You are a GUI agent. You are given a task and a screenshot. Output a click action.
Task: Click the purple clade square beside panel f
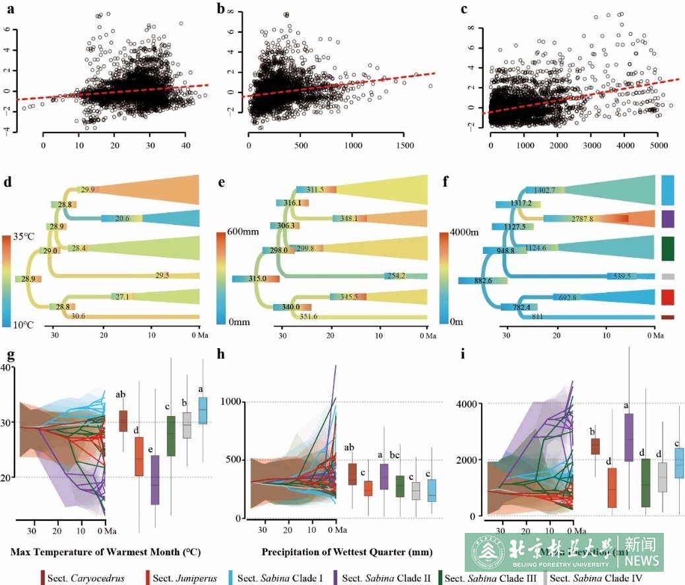point(667,218)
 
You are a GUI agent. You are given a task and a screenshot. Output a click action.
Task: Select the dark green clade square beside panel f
point(667,249)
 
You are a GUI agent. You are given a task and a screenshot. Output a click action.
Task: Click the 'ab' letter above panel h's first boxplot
point(352,448)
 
